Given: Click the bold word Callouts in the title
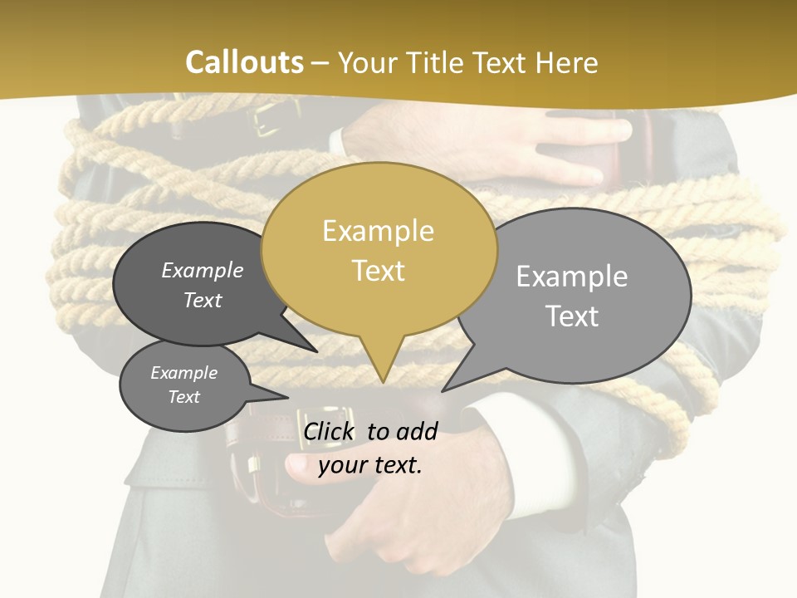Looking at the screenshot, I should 244,62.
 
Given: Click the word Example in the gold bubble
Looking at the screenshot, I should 378,231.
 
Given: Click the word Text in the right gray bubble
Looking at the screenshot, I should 572,316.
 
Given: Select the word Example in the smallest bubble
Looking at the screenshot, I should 184,373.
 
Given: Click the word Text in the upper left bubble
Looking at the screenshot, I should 203,300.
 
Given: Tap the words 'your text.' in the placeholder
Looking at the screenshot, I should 370,465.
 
